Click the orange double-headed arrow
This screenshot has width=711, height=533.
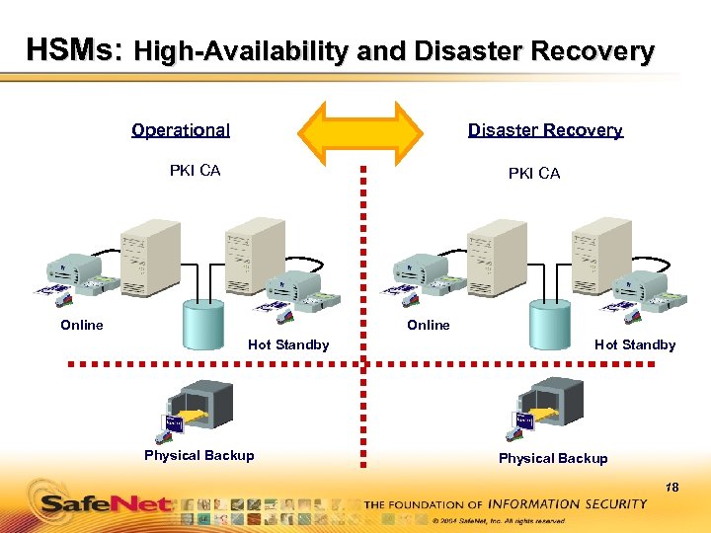click(x=360, y=130)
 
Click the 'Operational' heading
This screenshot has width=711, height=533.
click(x=181, y=130)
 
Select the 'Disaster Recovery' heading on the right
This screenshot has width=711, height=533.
click(x=545, y=130)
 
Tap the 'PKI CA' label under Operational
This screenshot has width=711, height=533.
click(x=195, y=171)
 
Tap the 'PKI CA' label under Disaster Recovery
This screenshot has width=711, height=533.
click(x=533, y=174)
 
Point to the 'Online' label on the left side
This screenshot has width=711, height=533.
click(x=81, y=325)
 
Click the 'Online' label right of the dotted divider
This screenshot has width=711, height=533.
click(x=428, y=325)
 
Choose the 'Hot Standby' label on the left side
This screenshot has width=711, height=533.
click(x=288, y=344)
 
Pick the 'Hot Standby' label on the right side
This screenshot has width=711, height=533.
click(x=635, y=344)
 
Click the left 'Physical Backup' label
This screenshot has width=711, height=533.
click(x=198, y=455)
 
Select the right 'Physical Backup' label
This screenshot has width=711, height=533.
click(x=553, y=458)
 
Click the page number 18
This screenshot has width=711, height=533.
click(x=672, y=487)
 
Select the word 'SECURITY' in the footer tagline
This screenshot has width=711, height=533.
click(x=612, y=503)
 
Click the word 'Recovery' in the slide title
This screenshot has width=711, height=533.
click(x=595, y=51)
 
